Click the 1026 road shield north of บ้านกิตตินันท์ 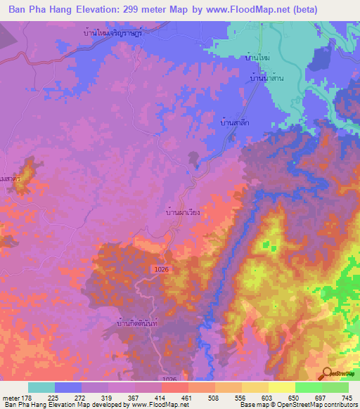(x=160, y=270)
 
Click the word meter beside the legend (x=10, y=398)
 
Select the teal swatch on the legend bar (x=41, y=387)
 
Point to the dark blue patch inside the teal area (x=322, y=59)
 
